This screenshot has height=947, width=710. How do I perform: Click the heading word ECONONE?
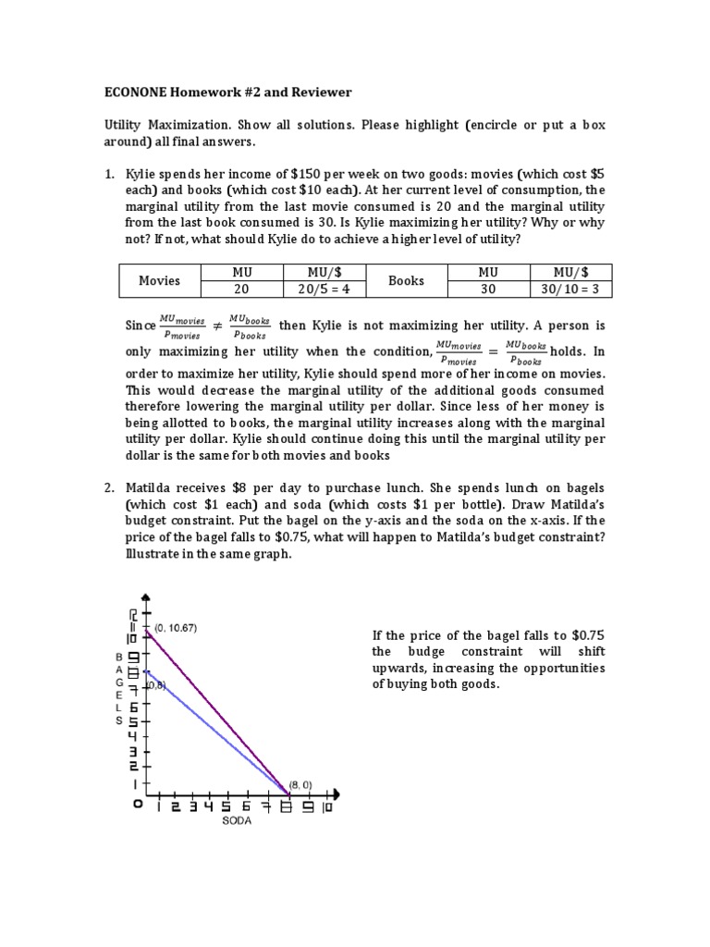point(138,92)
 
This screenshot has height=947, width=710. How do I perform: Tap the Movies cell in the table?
point(159,280)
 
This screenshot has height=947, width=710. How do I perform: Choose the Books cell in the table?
point(406,280)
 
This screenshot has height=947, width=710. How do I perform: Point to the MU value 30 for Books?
point(488,289)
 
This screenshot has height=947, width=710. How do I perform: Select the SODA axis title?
point(237,819)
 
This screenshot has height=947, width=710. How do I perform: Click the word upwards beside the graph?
point(400,668)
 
